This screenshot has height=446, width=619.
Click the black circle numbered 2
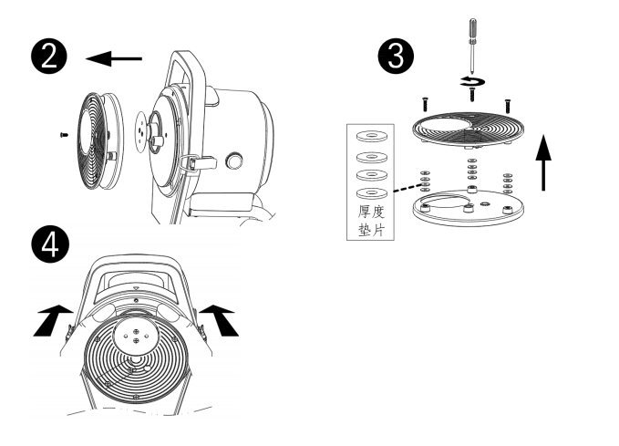point(53,57)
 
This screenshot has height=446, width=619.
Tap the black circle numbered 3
point(394,57)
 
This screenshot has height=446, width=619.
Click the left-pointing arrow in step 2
point(114,59)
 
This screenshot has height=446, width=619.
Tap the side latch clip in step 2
point(188,163)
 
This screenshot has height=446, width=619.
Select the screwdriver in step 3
point(472,46)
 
